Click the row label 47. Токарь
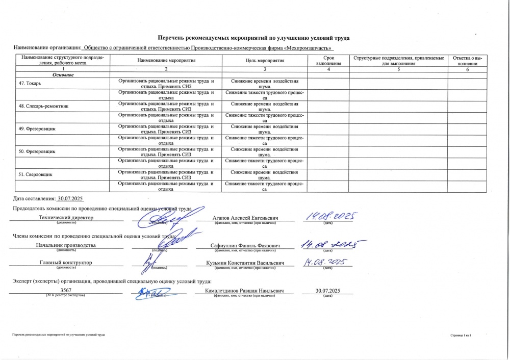pos(33,83)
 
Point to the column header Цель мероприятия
pos(265,61)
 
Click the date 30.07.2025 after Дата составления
pos(70,198)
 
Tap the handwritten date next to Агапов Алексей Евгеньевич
pos(330,217)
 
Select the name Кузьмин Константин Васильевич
pos(245,263)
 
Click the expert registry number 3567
pos(65,290)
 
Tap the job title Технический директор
pos(66,217)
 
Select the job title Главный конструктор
pos(66,263)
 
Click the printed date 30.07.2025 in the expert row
pos(327,290)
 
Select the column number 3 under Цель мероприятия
pos(265,69)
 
